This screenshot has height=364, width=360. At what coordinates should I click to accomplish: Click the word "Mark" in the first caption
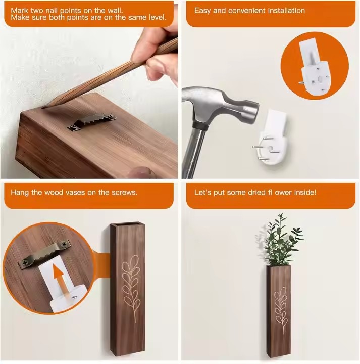pyautogui.click(x=19, y=10)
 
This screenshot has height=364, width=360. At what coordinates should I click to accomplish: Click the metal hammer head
pyautogui.click(x=220, y=105)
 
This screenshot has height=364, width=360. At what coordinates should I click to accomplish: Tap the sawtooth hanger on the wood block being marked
pyautogui.click(x=91, y=121)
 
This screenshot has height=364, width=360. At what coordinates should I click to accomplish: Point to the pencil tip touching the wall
pyautogui.click(x=43, y=108)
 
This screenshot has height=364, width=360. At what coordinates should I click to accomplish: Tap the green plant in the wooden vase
pyautogui.click(x=281, y=243)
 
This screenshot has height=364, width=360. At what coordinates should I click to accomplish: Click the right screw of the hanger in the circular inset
pyautogui.click(x=64, y=244)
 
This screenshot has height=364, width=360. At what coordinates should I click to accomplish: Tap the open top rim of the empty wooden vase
pyautogui.click(x=128, y=225)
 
